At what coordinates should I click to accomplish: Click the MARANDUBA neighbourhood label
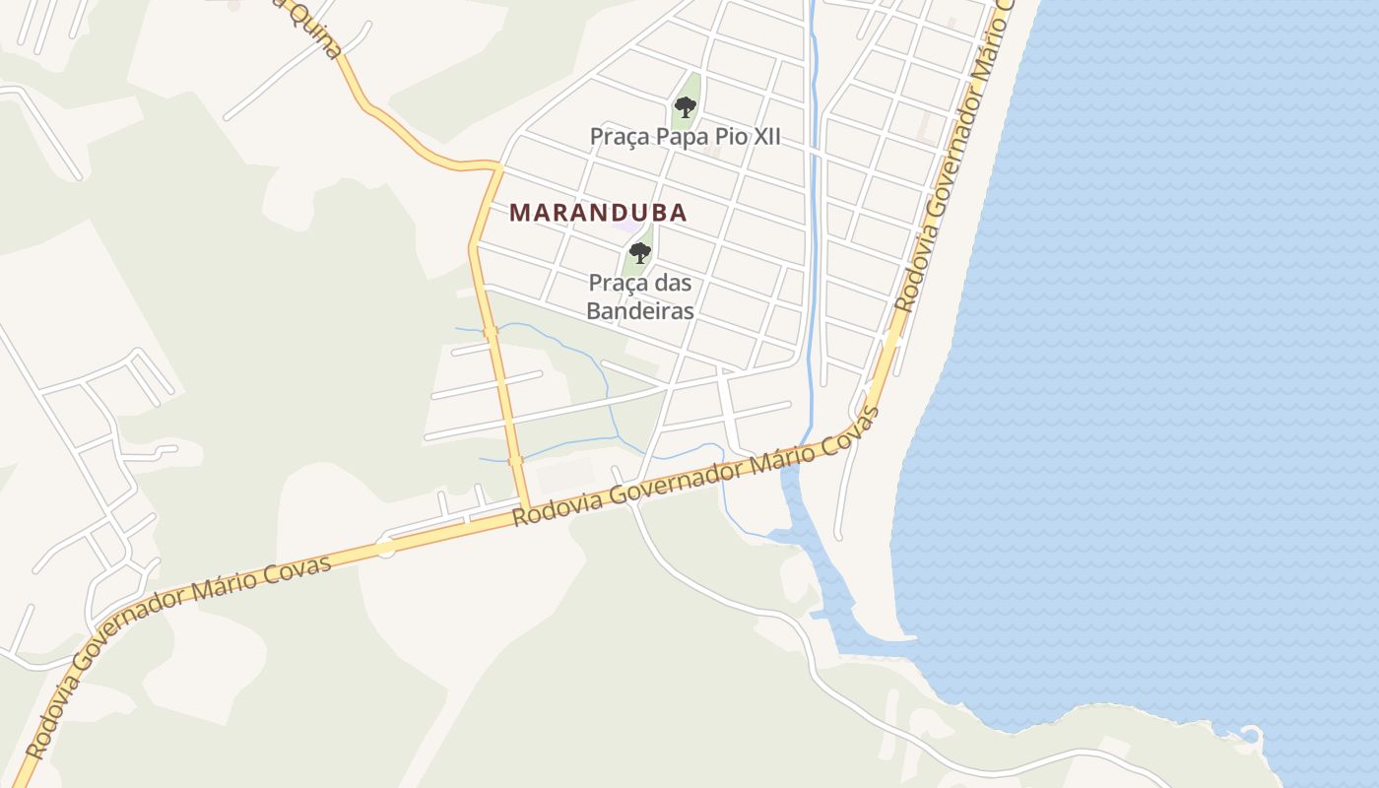point(598,213)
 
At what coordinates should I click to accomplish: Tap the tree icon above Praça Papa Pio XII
point(686,106)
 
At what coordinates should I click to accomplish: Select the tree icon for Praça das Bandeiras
point(640,252)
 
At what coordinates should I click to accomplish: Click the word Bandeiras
point(640,310)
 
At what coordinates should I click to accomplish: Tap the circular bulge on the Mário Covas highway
point(386,547)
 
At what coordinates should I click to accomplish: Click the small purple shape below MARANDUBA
point(627,226)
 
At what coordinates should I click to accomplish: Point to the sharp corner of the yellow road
point(497,167)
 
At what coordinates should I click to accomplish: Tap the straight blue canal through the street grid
point(814,197)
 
